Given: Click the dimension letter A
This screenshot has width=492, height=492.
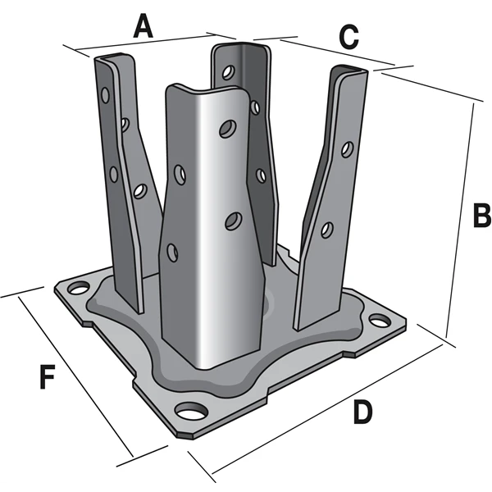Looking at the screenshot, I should point(143,27).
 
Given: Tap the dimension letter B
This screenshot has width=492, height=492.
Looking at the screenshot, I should point(480,216).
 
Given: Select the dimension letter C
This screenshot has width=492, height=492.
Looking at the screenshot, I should point(348,37).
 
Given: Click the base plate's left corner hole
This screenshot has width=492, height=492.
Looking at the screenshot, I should point(78,289).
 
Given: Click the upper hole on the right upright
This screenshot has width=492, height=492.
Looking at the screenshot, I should point(348,149).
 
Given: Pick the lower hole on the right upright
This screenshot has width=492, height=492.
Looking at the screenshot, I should point(327,229).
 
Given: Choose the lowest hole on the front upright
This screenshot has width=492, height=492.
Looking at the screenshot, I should point(172,250).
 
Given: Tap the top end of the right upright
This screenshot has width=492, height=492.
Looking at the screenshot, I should point(351,71).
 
